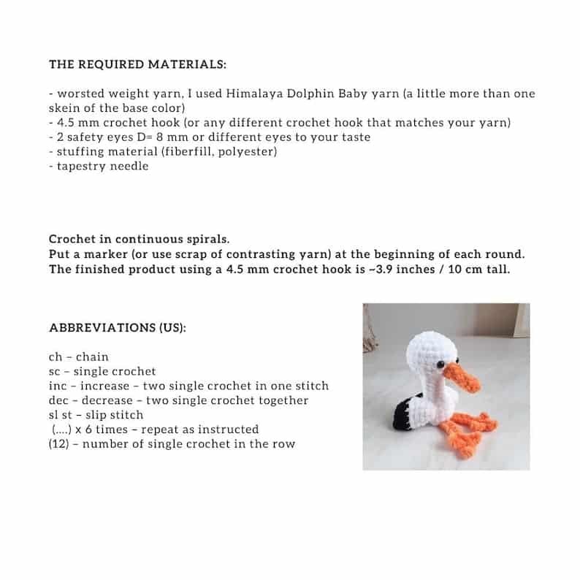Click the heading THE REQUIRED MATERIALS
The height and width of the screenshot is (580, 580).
point(137,64)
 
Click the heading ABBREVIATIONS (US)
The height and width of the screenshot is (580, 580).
point(117,327)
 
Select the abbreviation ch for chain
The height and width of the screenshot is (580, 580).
point(56,356)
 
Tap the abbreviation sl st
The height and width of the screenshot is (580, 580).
point(60,415)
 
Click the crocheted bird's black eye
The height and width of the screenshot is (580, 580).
point(441,364)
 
